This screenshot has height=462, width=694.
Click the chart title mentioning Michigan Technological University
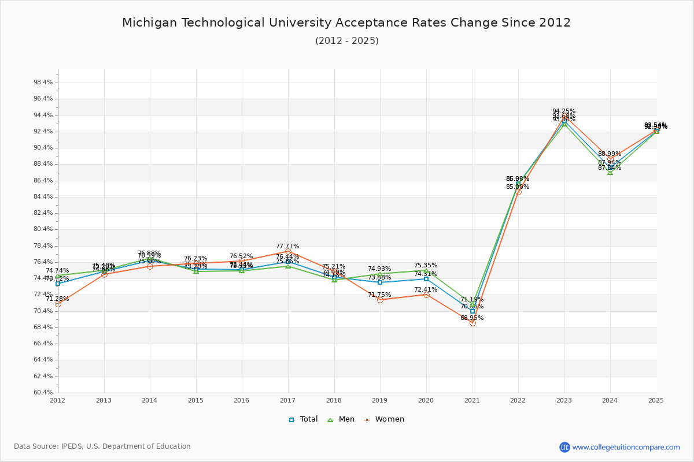click(x=346, y=23)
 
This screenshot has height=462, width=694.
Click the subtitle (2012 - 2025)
click(x=346, y=41)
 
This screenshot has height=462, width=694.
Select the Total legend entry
click(x=303, y=419)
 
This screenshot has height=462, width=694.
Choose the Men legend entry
click(x=342, y=419)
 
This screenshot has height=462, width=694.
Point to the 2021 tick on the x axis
click(x=472, y=400)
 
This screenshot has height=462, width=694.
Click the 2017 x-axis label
click(x=288, y=400)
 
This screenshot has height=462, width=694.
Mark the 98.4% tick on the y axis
click(x=43, y=83)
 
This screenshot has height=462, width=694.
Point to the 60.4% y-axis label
click(x=43, y=393)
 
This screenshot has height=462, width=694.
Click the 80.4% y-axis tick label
click(x=43, y=229)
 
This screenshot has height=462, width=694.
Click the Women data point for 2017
click(x=288, y=252)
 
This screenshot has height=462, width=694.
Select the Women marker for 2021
click(x=472, y=323)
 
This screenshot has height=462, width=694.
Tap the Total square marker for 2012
click(x=58, y=284)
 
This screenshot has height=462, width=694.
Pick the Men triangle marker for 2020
click(x=426, y=270)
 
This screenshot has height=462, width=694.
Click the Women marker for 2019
click(x=380, y=300)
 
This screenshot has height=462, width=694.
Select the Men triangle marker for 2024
click(x=610, y=172)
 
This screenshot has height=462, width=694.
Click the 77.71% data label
click(x=287, y=246)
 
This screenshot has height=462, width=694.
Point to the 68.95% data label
click(x=472, y=318)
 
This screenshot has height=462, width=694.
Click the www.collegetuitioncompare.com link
click(x=626, y=447)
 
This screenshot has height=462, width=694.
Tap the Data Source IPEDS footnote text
click(x=102, y=446)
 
